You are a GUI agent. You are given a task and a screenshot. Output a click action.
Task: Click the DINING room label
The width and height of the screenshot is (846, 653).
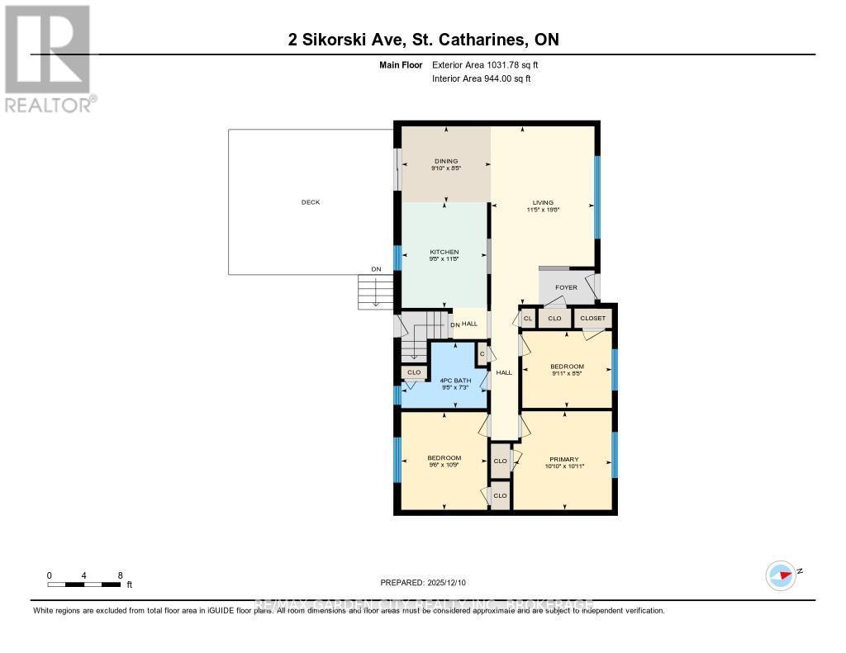445,161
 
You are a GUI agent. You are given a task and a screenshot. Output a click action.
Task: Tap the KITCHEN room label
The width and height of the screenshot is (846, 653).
444,252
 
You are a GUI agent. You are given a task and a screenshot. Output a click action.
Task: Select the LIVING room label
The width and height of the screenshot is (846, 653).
543,202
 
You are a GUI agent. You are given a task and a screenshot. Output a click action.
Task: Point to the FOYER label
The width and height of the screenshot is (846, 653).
566,287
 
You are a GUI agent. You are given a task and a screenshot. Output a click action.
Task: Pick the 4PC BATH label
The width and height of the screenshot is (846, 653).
444,380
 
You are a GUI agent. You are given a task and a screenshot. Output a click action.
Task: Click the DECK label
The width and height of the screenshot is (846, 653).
310,201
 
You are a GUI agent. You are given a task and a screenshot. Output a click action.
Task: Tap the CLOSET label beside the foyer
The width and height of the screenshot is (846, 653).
592,318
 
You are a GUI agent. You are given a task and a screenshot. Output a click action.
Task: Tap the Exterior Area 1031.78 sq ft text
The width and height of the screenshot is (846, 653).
486,64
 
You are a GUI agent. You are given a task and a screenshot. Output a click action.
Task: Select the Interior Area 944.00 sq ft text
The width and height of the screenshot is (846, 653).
482,78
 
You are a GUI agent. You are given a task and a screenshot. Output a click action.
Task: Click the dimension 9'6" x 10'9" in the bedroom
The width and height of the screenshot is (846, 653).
444,465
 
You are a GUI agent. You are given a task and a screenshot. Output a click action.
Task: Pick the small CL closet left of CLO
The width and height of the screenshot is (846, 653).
527,318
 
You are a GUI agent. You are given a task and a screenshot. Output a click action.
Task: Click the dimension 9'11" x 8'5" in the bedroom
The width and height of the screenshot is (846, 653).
567,373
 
